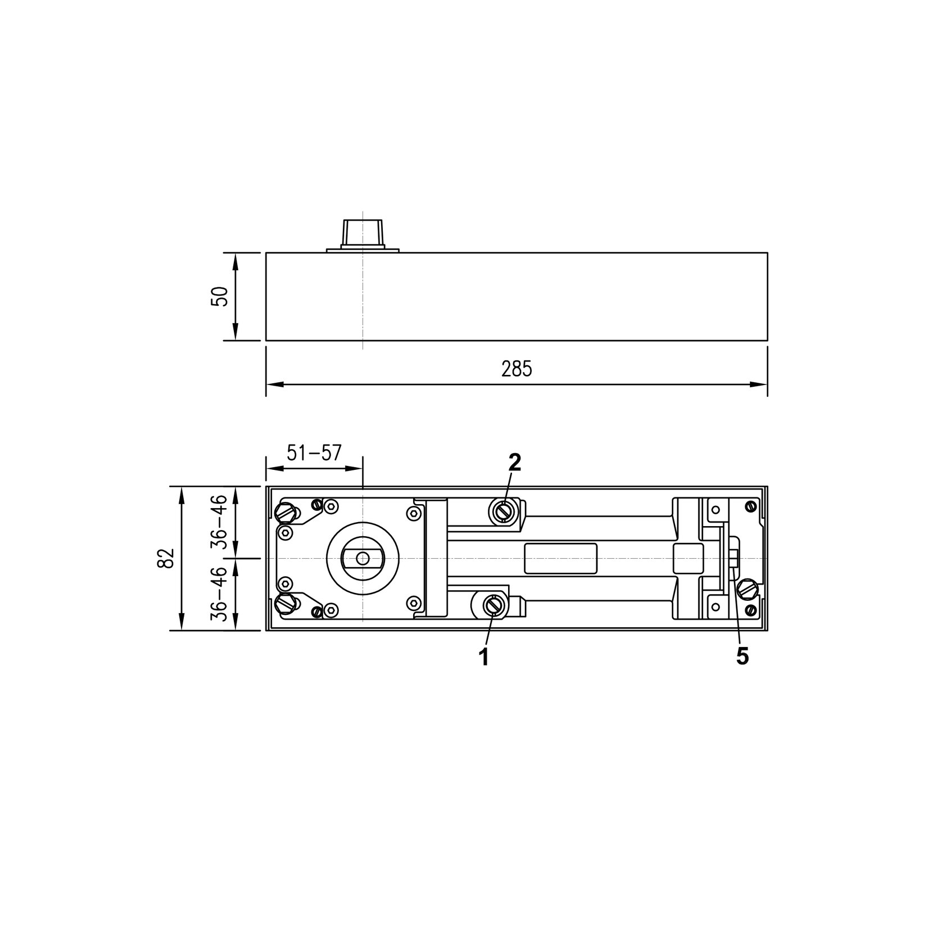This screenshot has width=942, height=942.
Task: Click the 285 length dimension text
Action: click(517, 369)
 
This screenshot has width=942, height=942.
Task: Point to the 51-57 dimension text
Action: click(314, 452)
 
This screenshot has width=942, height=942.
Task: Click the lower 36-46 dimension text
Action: click(218, 594)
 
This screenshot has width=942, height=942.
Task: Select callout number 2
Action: click(515, 462)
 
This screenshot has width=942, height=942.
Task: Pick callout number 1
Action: click(483, 657)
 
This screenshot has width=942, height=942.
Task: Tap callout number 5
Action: click(742, 656)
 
